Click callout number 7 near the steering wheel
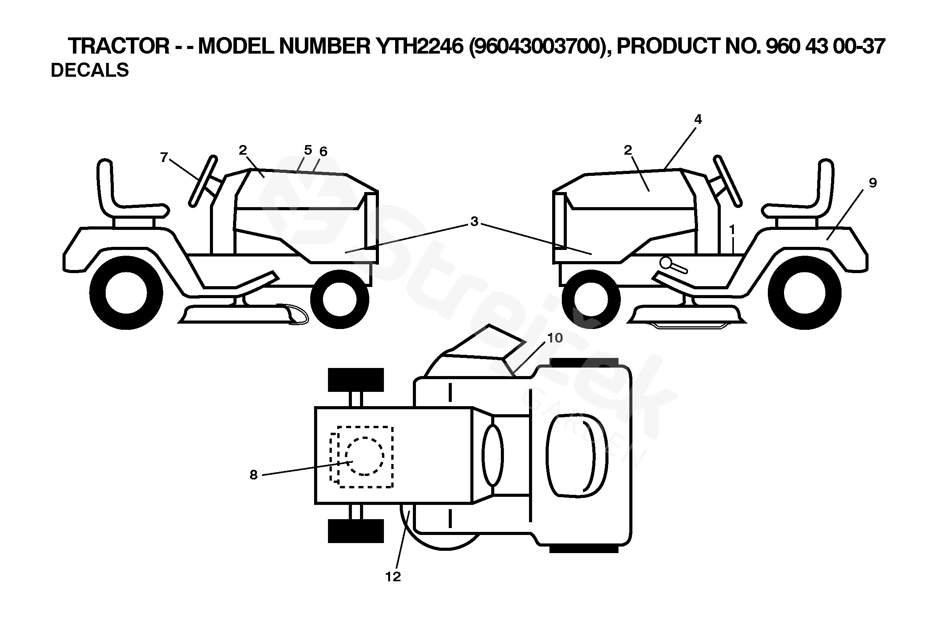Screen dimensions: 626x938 (164, 158)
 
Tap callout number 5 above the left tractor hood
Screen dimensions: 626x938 (308, 150)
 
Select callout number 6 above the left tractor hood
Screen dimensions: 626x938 (323, 152)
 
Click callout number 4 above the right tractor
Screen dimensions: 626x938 (698, 119)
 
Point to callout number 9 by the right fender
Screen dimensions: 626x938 (872, 183)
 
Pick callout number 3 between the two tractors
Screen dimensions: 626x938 (474, 221)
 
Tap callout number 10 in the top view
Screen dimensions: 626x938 (554, 338)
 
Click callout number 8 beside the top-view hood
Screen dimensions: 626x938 (254, 475)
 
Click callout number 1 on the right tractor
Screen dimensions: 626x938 (732, 230)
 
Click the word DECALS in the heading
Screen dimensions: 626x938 (90, 70)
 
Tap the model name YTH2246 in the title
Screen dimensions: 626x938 (420, 46)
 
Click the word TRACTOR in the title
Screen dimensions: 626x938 (118, 46)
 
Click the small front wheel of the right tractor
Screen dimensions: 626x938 (591, 299)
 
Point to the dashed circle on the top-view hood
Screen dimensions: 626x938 (364, 456)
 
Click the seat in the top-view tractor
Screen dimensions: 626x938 (576, 456)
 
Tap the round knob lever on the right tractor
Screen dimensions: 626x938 (666, 263)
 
